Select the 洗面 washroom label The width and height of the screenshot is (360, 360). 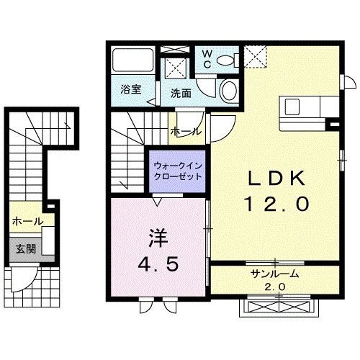[x=181, y=92]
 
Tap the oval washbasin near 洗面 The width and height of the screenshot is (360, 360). [x=227, y=91]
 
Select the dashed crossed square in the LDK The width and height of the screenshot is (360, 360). [x=254, y=55]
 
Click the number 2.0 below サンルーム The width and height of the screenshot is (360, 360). [x=275, y=287]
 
